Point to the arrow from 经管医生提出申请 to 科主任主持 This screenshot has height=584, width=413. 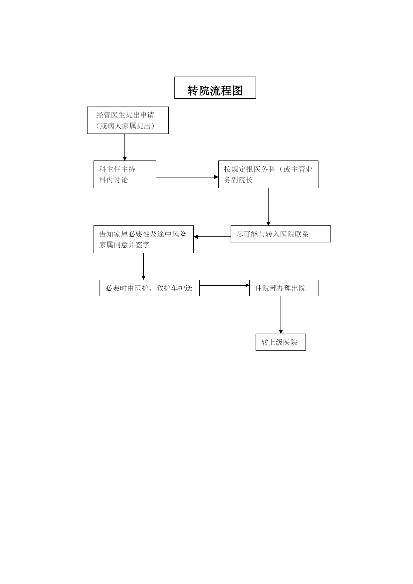[125, 147]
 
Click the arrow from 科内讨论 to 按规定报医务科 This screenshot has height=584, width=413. [187, 177]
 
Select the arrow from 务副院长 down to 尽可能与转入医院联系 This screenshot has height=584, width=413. [268, 207]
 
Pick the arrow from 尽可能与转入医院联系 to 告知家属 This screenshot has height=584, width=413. [212, 237]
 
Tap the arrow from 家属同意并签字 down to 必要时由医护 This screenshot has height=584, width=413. [143, 266]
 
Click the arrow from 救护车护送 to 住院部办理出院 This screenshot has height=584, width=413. [225, 285]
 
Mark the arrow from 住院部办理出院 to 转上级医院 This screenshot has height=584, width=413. [281, 315]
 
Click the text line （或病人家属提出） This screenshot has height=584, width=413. [125, 126]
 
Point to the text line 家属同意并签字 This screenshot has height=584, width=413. [124, 245]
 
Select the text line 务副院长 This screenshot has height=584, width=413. [238, 180]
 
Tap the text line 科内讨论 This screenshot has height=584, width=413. [113, 180]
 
